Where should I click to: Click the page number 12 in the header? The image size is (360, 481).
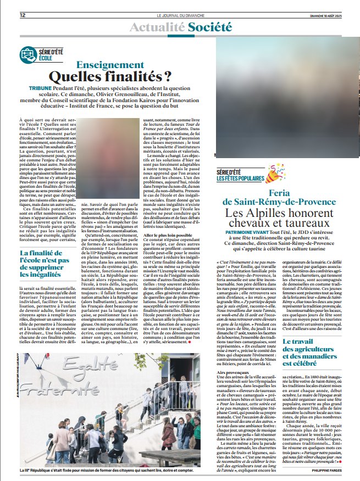(23, 15)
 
